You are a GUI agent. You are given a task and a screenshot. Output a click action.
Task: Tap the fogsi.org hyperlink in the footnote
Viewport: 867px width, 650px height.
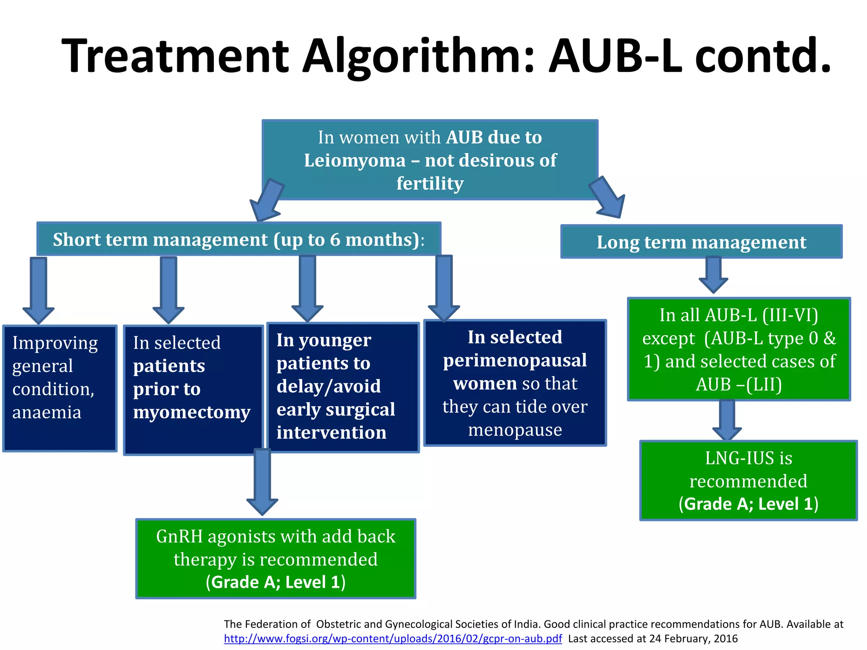[x=392, y=639]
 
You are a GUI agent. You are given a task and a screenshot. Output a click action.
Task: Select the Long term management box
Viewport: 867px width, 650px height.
[x=701, y=242]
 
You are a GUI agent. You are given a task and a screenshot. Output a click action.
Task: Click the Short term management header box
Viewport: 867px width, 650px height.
[x=239, y=240]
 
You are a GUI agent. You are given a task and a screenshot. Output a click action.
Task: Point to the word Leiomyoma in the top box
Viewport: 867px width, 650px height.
[x=355, y=161]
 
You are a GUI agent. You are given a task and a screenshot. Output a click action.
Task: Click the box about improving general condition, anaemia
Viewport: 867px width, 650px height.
[x=60, y=388]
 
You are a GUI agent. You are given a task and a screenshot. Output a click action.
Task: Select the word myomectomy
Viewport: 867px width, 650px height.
[x=191, y=412]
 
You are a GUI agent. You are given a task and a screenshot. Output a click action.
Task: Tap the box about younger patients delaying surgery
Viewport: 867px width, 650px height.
[x=343, y=387]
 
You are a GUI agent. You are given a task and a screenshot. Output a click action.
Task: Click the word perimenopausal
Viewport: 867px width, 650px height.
[x=515, y=361]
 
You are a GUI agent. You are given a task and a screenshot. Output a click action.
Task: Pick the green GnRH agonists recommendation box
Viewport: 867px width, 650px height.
[x=276, y=559]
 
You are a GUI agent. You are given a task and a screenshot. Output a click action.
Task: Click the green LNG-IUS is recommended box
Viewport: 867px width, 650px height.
[x=748, y=481]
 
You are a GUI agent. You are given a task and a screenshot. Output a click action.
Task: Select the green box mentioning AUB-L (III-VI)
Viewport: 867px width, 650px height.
[x=739, y=349]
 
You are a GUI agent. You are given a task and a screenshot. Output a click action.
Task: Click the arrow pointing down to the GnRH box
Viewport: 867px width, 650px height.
[x=262, y=482]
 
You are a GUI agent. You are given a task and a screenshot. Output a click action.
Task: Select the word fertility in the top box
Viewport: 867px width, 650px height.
[x=430, y=184]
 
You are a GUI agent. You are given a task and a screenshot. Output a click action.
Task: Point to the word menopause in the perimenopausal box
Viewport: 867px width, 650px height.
[x=515, y=430]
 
